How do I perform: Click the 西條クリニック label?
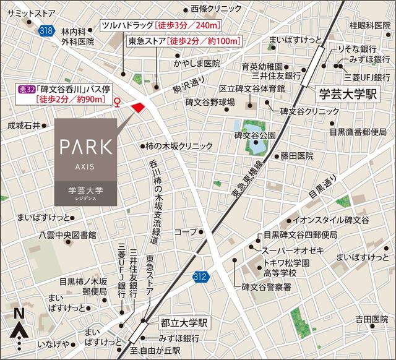[216, 9]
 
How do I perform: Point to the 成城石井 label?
[23, 126]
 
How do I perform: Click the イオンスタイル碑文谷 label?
[330, 221]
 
